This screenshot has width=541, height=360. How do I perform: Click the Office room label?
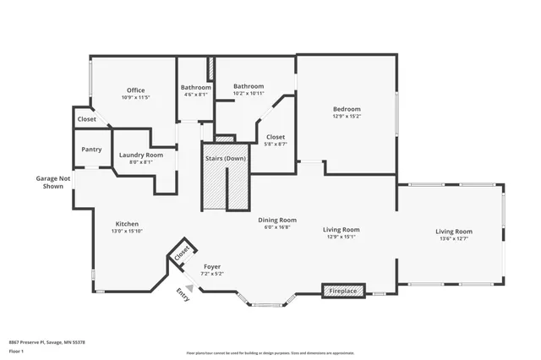point(136,90)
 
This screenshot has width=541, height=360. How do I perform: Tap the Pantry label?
point(91,150)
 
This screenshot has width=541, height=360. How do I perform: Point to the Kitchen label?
point(127,224)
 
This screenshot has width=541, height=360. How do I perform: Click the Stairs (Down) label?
point(225,158)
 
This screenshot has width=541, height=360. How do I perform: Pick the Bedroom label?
point(347,109)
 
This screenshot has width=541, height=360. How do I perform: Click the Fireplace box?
point(343,291)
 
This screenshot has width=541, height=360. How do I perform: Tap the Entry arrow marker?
point(189,287)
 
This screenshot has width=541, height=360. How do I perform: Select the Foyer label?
point(212,266)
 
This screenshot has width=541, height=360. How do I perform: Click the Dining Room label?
point(277,220)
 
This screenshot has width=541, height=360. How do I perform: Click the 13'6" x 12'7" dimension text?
point(454,239)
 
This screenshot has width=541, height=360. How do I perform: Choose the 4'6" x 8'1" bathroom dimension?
point(195,95)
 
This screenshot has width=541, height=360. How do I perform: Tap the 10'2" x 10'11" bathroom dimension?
point(249,93)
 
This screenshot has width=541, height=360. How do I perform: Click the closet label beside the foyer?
point(182,253)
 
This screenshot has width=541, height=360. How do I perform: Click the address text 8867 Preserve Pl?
point(46,342)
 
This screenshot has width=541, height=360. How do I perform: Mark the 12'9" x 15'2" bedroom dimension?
point(347,117)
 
